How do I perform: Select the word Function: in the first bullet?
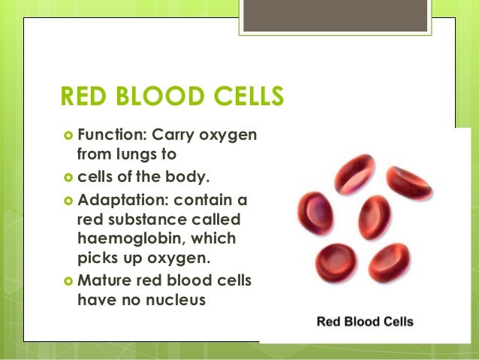[110, 135]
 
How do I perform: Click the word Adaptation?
[118, 203]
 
